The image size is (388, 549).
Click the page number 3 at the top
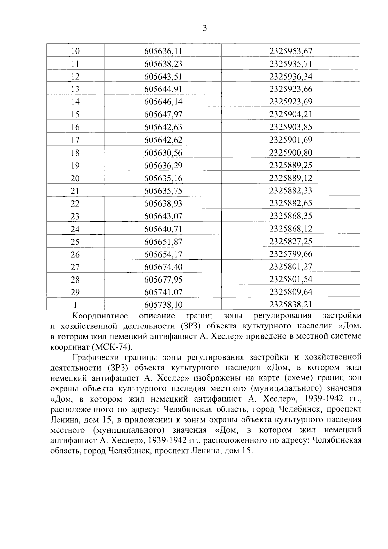click(204, 28)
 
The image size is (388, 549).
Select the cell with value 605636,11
click(163, 51)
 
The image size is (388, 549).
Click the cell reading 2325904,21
click(291, 114)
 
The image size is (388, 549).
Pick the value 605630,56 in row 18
click(163, 153)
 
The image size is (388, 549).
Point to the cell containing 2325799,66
click(291, 254)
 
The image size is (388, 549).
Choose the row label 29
click(75, 292)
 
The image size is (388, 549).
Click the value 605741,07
click(163, 292)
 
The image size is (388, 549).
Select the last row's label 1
click(75, 305)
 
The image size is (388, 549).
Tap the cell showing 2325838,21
click(291, 304)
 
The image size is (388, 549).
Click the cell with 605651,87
click(163, 242)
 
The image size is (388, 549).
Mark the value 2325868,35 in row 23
click(291, 216)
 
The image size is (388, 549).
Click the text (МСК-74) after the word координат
click(113, 347)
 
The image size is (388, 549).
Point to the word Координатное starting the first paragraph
click(100, 316)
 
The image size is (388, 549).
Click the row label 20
click(75, 178)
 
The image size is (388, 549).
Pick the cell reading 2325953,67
click(291, 51)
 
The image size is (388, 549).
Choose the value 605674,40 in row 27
click(163, 267)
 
